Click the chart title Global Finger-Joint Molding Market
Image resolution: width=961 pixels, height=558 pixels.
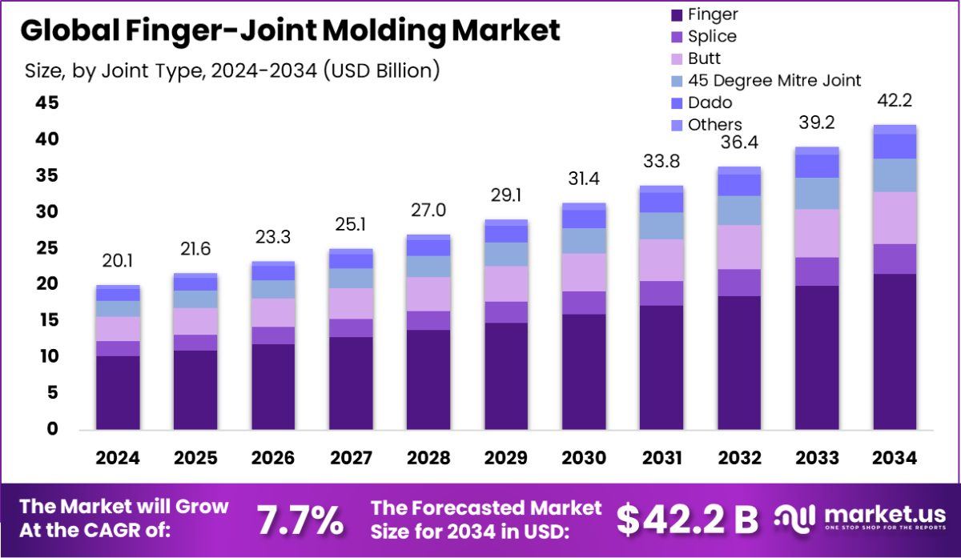289,30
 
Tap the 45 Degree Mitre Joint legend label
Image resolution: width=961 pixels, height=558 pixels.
774,80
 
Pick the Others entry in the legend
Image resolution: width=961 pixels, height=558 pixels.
715,125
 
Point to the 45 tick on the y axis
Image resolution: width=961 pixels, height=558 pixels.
46,103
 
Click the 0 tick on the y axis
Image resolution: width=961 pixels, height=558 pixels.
52,429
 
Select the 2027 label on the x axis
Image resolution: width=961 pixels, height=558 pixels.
351,458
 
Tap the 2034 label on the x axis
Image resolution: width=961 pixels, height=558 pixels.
895,458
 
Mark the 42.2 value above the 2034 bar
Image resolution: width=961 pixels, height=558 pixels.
895,101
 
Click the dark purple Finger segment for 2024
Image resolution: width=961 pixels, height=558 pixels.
119,392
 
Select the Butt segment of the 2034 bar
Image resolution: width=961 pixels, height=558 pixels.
895,218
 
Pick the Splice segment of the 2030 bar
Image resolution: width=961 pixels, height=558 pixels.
584,303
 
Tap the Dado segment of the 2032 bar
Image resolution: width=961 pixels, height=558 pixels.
739,185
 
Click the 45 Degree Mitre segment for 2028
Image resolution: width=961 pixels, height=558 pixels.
428,267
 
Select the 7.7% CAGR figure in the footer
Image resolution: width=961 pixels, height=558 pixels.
300,520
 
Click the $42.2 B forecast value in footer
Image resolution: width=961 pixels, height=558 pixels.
686,520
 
